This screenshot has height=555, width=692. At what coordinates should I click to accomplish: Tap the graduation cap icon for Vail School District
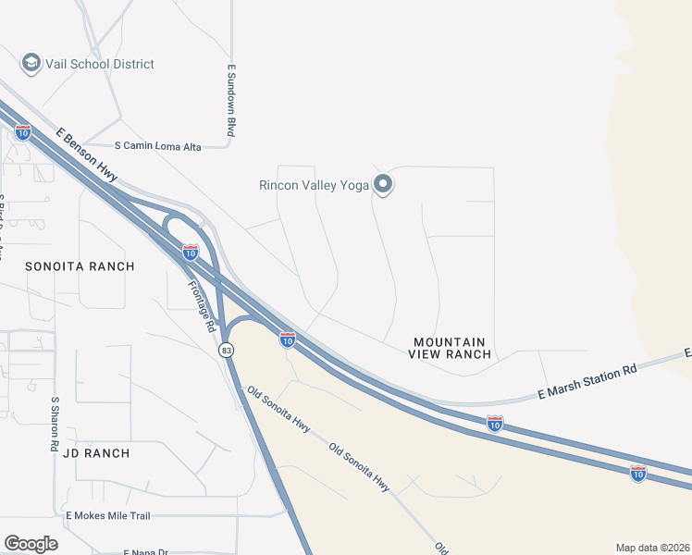pos(31,63)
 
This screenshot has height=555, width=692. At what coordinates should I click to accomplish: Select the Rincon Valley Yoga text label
pos(314,185)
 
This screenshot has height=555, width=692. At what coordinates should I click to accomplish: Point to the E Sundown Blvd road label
pos(231,101)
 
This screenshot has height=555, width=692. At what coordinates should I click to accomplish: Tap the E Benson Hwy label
pos(87,160)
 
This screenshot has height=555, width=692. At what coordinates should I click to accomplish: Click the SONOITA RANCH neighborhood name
pos(80,266)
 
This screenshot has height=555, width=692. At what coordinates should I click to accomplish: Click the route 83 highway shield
pos(226,351)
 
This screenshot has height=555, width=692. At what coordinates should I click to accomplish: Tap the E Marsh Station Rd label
pos(588,382)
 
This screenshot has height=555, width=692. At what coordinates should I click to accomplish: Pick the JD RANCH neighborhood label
pos(96,453)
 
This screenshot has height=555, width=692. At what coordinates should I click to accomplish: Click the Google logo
pos(31,544)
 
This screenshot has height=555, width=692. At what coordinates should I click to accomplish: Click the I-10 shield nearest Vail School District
pos(23,132)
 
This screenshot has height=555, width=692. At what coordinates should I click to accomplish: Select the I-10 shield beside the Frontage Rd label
pos(191,252)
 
